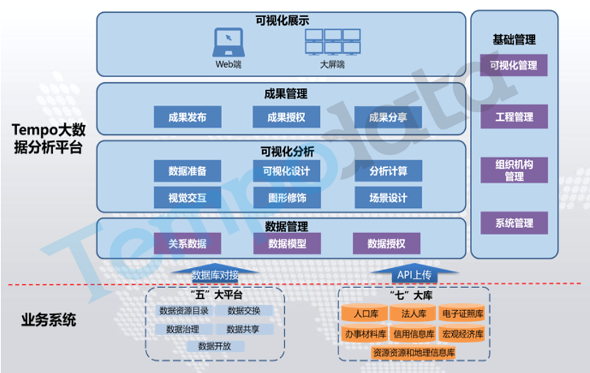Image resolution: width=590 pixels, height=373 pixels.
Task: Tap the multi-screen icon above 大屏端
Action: pos(332,42)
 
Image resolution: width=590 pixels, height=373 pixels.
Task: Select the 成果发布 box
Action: pos(187,118)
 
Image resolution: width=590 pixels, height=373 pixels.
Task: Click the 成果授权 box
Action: pos(286,118)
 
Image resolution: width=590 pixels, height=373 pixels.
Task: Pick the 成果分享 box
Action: pos(388,118)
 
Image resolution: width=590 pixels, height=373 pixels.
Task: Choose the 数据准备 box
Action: pos(187,171)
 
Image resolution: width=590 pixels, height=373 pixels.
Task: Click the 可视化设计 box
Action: pos(286,171)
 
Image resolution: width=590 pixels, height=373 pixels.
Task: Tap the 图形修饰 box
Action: pos(286,197)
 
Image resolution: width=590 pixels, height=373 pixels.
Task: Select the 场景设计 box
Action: pos(388,197)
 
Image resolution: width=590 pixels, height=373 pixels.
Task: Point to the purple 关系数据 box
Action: pos(187,244)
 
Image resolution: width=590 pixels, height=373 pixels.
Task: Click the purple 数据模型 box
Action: pos(286,244)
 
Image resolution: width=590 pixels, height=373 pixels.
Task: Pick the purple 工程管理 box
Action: pos(514,116)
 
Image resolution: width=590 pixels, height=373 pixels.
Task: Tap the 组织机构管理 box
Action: pos(514,170)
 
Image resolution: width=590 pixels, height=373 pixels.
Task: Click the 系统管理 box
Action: pos(514,223)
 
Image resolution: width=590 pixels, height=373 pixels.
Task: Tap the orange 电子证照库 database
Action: pos(463,314)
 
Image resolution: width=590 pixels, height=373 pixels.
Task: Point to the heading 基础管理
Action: pos(514,40)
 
